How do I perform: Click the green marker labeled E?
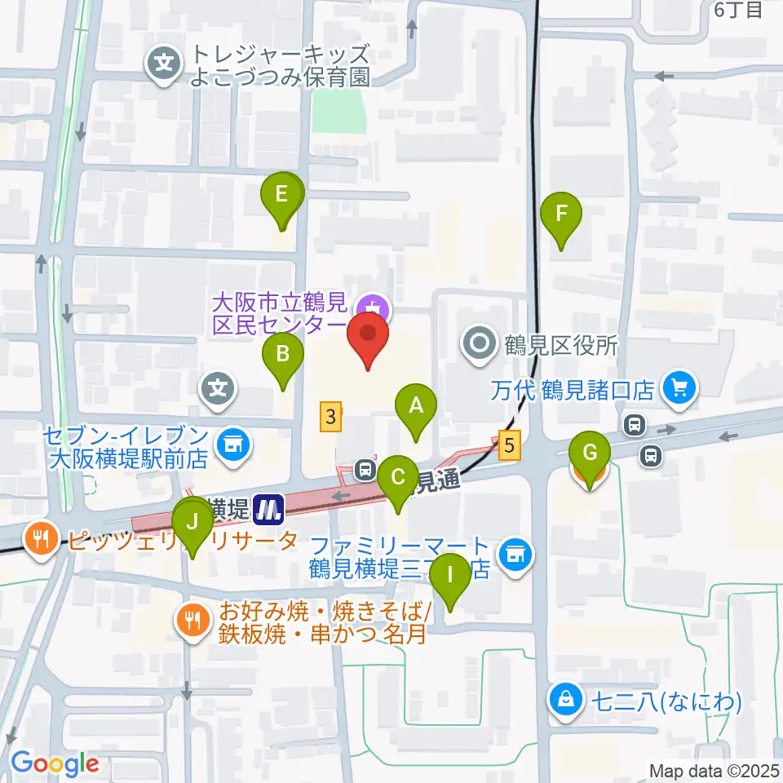(x=281, y=196)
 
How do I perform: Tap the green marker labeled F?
(x=561, y=215)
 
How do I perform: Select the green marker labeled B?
(x=283, y=355)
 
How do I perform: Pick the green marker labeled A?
(x=416, y=405)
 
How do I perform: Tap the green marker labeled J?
(x=193, y=521)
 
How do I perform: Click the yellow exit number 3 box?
(x=330, y=418)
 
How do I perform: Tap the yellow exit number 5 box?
(x=510, y=445)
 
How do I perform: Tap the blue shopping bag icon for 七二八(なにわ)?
(x=564, y=699)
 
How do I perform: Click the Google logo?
(x=55, y=763)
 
